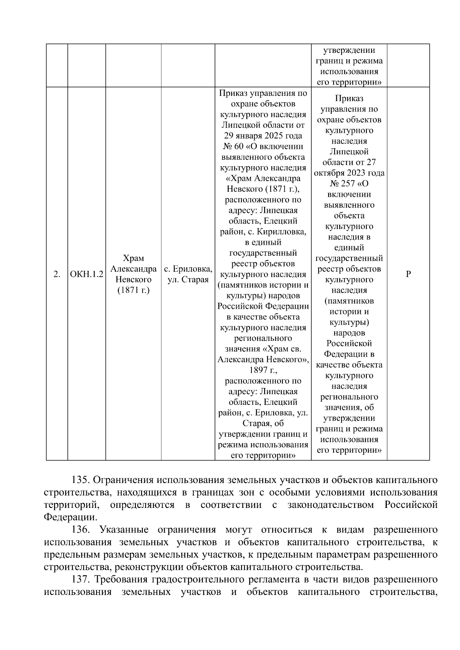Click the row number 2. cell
click(x=57, y=274)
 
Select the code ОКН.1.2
click(x=87, y=274)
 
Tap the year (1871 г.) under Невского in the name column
click(x=133, y=290)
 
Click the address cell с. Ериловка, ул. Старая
click(x=188, y=274)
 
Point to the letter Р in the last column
click(x=408, y=274)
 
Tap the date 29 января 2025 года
click(x=263, y=136)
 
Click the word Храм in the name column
click(x=133, y=258)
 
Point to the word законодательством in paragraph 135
click(x=330, y=505)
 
